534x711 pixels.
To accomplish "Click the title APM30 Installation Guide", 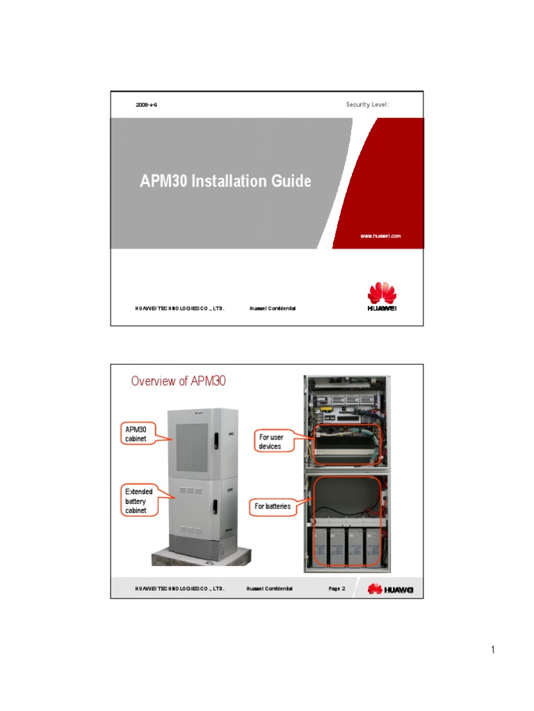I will tap(225, 182).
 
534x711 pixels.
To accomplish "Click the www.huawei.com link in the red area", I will tap(380, 236).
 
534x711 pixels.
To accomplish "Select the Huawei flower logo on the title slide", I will tap(381, 292).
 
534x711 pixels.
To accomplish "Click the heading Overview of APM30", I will tap(179, 380).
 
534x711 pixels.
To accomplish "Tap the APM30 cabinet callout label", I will tap(138, 434).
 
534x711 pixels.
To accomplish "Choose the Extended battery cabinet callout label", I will tap(138, 501).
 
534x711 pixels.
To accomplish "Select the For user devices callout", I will tap(272, 442).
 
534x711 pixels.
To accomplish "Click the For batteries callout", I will tap(272, 506).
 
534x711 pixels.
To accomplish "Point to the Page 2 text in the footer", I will tap(337, 589).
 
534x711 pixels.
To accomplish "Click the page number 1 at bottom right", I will tap(493, 650).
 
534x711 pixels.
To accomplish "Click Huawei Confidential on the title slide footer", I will tap(273, 308).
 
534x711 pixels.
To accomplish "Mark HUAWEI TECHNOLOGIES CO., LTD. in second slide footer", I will tap(179, 589).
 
